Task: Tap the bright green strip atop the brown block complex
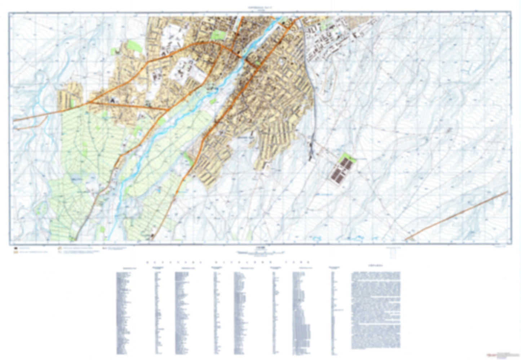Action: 348,158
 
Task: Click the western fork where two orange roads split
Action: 90,102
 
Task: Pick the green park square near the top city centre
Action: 217,35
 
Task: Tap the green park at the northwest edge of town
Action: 134,46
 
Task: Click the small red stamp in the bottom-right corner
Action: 491,354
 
